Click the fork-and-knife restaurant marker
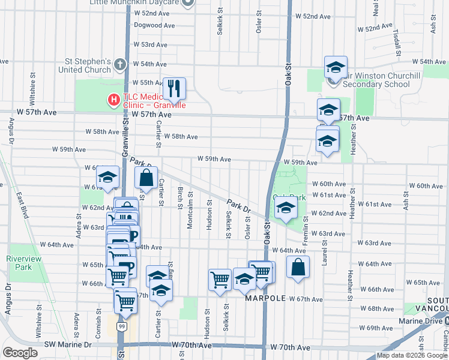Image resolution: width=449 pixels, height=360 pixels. [174, 88]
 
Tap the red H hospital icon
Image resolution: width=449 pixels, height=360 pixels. [112, 100]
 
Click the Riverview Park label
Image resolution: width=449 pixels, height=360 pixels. [19, 262]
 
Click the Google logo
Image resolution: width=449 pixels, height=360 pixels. [20, 353]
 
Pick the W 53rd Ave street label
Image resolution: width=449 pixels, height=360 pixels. [150, 44]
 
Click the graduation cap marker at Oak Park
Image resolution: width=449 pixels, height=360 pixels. [286, 209]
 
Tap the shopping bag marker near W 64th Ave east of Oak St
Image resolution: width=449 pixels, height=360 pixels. [298, 267]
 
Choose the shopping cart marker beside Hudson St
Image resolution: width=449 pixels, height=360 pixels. [220, 279]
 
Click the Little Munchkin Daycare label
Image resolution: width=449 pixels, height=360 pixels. [134, 2]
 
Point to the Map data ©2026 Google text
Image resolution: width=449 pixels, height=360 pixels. [412, 355]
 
